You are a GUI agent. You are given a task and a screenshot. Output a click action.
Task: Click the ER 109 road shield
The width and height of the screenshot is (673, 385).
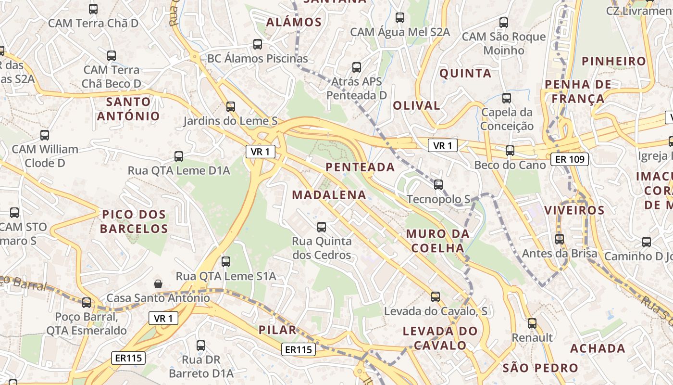click(570, 159)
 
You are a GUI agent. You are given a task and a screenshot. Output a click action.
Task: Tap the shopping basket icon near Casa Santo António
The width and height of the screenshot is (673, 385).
click(158, 284)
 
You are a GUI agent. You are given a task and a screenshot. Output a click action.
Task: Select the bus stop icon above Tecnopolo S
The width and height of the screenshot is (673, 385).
click(438, 184)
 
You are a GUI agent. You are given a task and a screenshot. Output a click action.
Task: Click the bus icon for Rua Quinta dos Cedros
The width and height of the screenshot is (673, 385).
click(322, 227)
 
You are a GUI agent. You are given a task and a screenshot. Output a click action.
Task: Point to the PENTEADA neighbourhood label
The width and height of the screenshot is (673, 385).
click(360, 167)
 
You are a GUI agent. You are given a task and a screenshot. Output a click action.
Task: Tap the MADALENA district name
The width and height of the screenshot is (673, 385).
click(329, 195)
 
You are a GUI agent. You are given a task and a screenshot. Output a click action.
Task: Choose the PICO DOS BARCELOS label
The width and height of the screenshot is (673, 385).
click(134, 221)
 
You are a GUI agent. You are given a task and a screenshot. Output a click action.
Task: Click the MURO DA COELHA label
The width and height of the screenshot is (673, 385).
click(436, 241)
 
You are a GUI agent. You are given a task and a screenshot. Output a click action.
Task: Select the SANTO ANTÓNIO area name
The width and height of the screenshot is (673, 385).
click(128, 109)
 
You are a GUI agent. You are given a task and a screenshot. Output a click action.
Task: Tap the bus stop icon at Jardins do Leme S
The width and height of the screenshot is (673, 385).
click(231, 106)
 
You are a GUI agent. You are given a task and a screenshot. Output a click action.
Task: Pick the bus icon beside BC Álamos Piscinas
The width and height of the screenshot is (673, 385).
click(258, 44)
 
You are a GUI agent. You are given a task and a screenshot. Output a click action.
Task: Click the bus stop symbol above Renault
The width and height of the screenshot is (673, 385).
click(532, 323)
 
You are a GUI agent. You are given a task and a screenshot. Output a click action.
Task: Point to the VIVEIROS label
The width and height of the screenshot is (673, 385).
click(574, 210)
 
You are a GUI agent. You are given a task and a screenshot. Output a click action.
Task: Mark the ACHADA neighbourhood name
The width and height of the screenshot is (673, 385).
click(598, 348)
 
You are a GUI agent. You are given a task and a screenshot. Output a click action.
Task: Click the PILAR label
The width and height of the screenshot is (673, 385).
click(277, 330)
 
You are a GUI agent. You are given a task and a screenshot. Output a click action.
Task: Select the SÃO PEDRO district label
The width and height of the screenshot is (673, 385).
click(540, 369)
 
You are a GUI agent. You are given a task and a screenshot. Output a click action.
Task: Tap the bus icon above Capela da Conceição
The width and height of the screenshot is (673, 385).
click(506, 98)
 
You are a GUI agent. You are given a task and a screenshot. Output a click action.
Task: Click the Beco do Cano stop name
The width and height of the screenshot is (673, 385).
click(510, 165)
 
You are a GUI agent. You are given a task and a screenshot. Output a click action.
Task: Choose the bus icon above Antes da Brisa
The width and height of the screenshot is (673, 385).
click(559, 239)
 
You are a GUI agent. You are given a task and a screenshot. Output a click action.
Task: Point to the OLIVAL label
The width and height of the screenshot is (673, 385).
click(416, 106)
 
